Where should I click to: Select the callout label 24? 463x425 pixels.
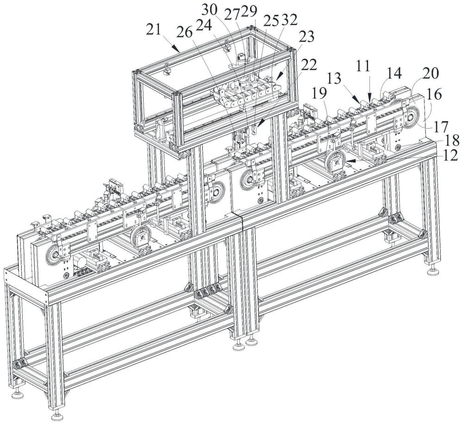204,26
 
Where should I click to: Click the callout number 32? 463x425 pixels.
289,21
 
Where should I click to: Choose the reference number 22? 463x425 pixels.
308,64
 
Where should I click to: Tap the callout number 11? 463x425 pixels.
363,67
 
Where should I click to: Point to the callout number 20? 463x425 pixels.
431,74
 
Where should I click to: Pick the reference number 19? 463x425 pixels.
320,94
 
